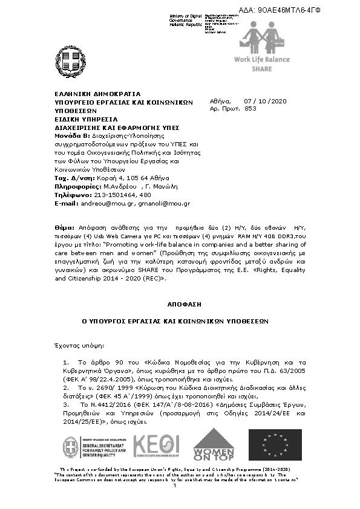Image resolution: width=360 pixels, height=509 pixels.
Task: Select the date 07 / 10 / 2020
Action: (265, 101)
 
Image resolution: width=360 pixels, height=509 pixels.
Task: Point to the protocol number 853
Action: (250, 109)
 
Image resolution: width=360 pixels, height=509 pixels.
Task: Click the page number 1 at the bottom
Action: (175, 485)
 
